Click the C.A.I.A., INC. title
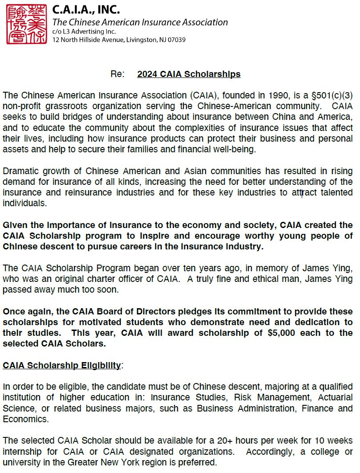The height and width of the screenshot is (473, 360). click(86, 9)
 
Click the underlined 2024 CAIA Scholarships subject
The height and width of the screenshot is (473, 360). click(189, 74)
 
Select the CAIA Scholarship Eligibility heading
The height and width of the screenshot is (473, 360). click(62, 366)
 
